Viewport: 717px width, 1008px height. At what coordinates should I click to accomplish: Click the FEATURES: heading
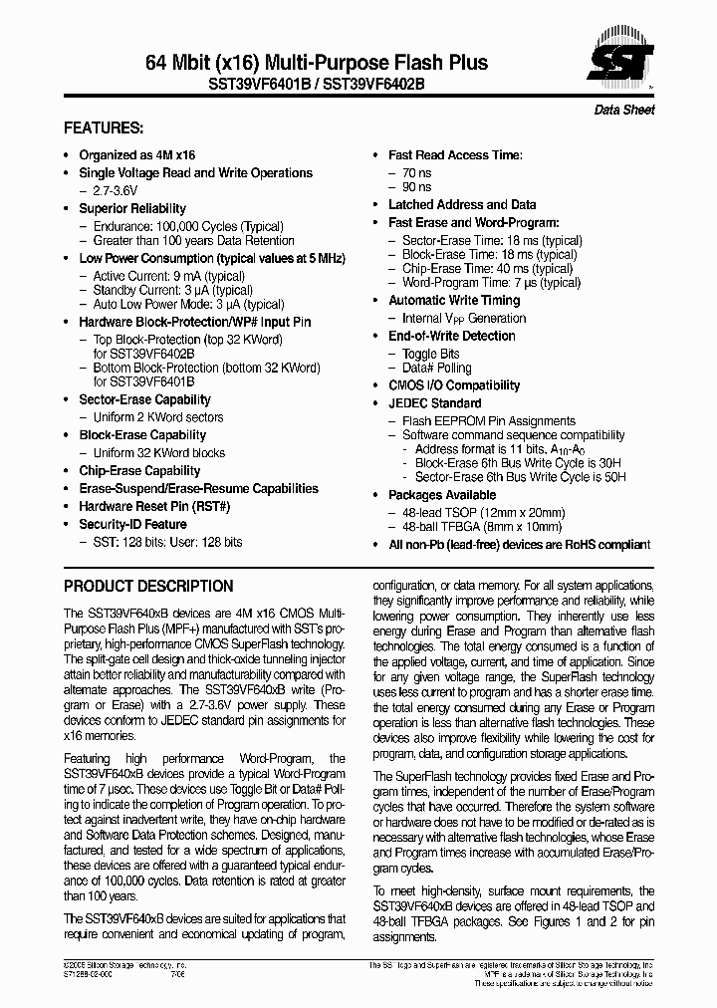[x=104, y=129]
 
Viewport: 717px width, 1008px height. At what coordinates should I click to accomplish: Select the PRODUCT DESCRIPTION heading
[x=148, y=586]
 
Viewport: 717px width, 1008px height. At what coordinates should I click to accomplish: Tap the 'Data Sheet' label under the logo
[x=624, y=110]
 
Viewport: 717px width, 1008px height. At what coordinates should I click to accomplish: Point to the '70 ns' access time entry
[x=416, y=173]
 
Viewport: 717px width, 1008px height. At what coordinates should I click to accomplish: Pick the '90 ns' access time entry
[x=416, y=187]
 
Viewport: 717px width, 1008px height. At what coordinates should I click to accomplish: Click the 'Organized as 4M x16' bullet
[x=136, y=155]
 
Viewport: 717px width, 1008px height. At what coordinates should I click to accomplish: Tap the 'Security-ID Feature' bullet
[x=132, y=525]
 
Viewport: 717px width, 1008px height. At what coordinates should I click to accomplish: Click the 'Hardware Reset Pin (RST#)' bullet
[x=154, y=507]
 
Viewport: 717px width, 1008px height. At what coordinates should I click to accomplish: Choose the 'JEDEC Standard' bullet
[x=434, y=403]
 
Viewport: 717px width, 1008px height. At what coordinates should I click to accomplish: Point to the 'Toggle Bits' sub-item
[x=430, y=354]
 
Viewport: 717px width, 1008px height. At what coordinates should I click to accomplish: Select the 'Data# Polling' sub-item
[x=436, y=368]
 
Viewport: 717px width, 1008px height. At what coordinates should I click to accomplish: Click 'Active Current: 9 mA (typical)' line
[x=168, y=276]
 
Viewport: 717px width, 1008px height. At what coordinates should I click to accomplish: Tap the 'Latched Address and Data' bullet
[x=462, y=205]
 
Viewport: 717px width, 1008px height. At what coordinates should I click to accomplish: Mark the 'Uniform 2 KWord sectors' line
[x=157, y=417]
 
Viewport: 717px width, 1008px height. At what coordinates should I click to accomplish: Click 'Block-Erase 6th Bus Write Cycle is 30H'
[x=520, y=463]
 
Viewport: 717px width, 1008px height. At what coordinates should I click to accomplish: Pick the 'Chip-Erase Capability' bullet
[x=139, y=471]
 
